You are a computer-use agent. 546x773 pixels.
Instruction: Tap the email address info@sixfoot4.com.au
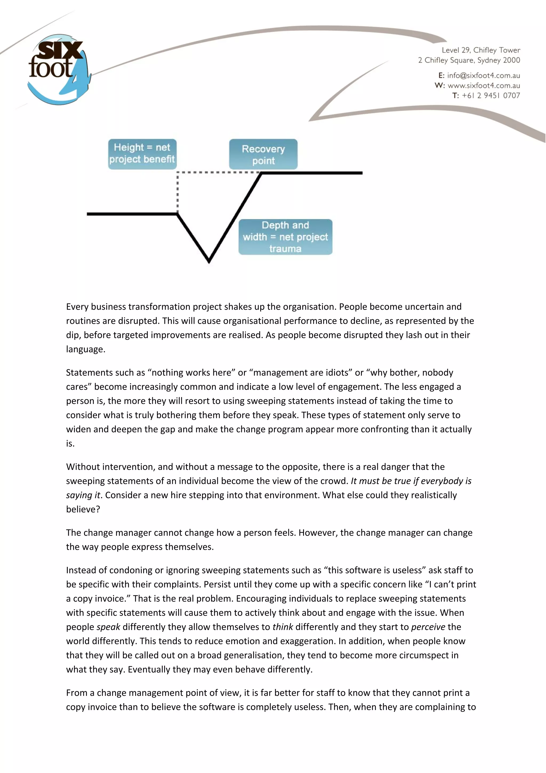(483, 75)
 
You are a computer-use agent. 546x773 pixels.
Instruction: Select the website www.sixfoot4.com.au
(483, 86)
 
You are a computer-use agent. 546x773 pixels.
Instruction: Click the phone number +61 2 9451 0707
(491, 95)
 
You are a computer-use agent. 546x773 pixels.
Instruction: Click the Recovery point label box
(263, 154)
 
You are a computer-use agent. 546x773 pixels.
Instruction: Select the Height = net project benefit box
(142, 154)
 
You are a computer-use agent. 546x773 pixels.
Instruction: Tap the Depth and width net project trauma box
(285, 237)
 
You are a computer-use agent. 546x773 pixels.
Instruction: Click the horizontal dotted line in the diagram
(219, 172)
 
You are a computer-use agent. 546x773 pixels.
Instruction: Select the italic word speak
(108, 627)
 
